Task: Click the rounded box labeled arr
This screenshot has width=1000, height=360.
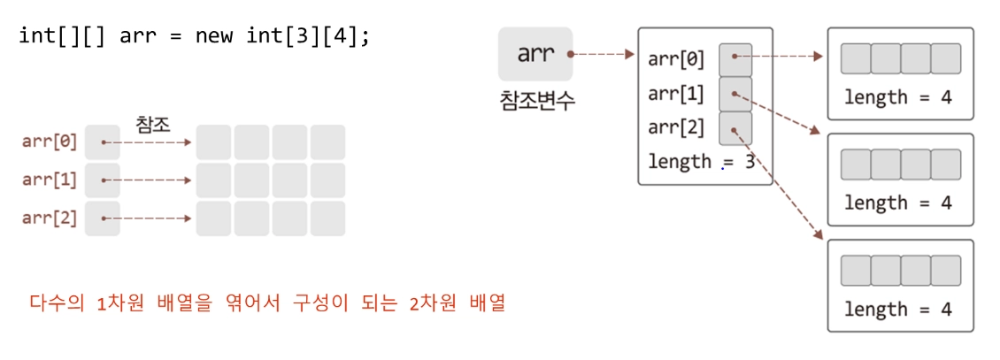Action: (535, 53)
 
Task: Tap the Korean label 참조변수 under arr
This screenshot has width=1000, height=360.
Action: (536, 100)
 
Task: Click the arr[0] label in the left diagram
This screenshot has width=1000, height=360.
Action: (50, 142)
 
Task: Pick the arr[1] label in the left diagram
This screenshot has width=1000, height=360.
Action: (50, 180)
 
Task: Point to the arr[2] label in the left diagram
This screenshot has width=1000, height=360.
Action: (50, 218)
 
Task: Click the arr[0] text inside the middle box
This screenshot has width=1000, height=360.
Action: (676, 59)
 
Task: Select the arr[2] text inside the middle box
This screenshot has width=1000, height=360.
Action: (676, 127)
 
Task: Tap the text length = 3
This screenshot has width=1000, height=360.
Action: (702, 162)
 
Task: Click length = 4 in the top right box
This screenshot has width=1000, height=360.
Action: (898, 97)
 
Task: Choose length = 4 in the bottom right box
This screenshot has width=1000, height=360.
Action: (898, 310)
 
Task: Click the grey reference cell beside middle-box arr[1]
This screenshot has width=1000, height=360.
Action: (735, 93)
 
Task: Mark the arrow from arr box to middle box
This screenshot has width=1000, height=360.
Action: (604, 54)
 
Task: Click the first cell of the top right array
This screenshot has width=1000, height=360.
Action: (855, 58)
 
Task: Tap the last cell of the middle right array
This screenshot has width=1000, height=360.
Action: (945, 165)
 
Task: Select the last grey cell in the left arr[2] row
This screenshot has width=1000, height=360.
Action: (327, 218)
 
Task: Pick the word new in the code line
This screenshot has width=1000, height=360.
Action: (213, 37)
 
